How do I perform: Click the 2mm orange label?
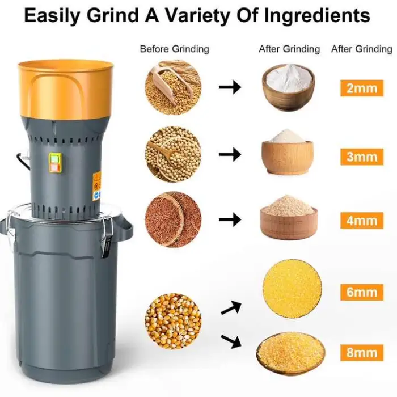tap(362, 88)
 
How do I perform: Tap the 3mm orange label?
tap(362, 157)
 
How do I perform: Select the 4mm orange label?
tap(362, 221)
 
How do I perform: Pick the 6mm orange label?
tap(362, 292)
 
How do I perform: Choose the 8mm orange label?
tap(362, 352)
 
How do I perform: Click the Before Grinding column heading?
tap(175, 49)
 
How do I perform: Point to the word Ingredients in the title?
tap(317, 16)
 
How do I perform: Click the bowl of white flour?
tap(288, 87)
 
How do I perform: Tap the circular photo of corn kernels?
tap(174, 321)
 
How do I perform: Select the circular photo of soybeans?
tap(174, 154)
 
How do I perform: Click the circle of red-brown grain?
tap(174, 219)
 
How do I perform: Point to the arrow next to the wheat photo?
tap(230, 87)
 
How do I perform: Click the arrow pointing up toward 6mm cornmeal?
tap(231, 307)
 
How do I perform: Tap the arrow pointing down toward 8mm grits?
tap(231, 341)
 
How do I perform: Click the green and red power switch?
tap(55, 163)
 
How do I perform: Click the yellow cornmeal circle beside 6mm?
tap(292, 288)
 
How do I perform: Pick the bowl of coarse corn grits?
tap(290, 352)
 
